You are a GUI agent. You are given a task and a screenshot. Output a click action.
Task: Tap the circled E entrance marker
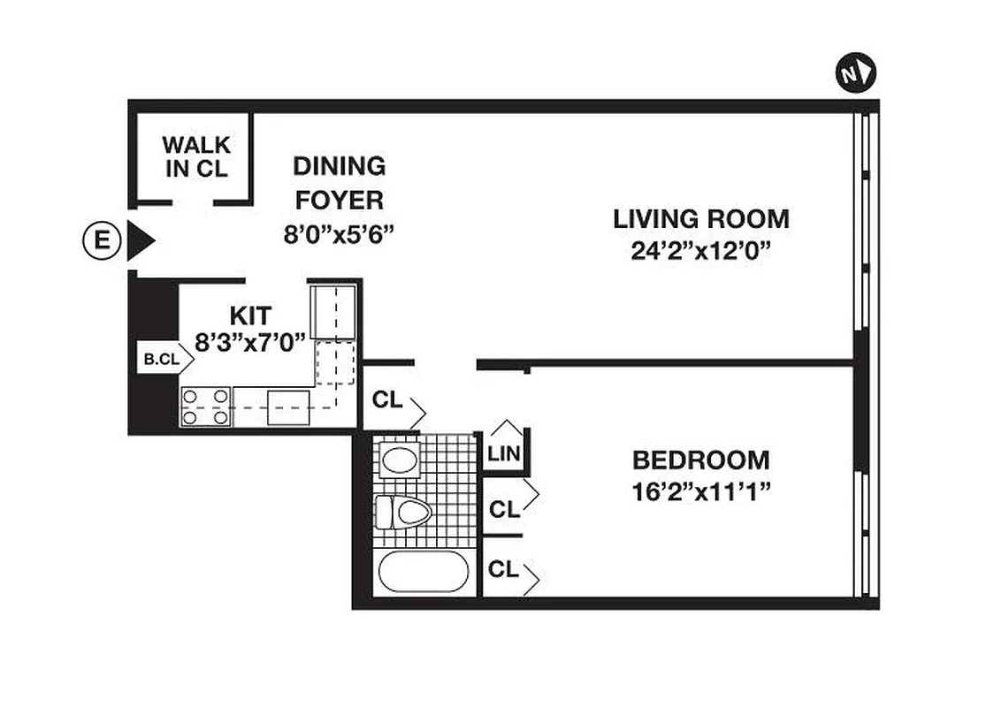[102, 240]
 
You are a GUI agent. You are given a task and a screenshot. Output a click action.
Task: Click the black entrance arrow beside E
[140, 240]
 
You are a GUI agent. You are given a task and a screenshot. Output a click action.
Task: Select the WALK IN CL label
[196, 156]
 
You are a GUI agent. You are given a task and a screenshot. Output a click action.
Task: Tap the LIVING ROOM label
[701, 218]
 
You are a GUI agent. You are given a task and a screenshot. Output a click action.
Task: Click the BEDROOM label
[700, 460]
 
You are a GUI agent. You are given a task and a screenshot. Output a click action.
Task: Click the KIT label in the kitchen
[250, 314]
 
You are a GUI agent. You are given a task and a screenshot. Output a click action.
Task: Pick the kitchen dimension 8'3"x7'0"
[249, 340]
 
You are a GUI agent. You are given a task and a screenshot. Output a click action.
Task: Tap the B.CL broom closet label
[161, 360]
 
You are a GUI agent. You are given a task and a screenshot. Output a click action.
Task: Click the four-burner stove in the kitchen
[206, 407]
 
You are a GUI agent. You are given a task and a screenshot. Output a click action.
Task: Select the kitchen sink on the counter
[287, 407]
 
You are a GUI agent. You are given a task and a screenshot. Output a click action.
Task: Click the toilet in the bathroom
[403, 512]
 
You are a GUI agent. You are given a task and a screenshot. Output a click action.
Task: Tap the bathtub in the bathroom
[424, 572]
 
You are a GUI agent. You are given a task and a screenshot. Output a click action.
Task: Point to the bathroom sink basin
[399, 460]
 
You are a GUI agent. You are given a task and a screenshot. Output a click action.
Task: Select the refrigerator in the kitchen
[332, 311]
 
